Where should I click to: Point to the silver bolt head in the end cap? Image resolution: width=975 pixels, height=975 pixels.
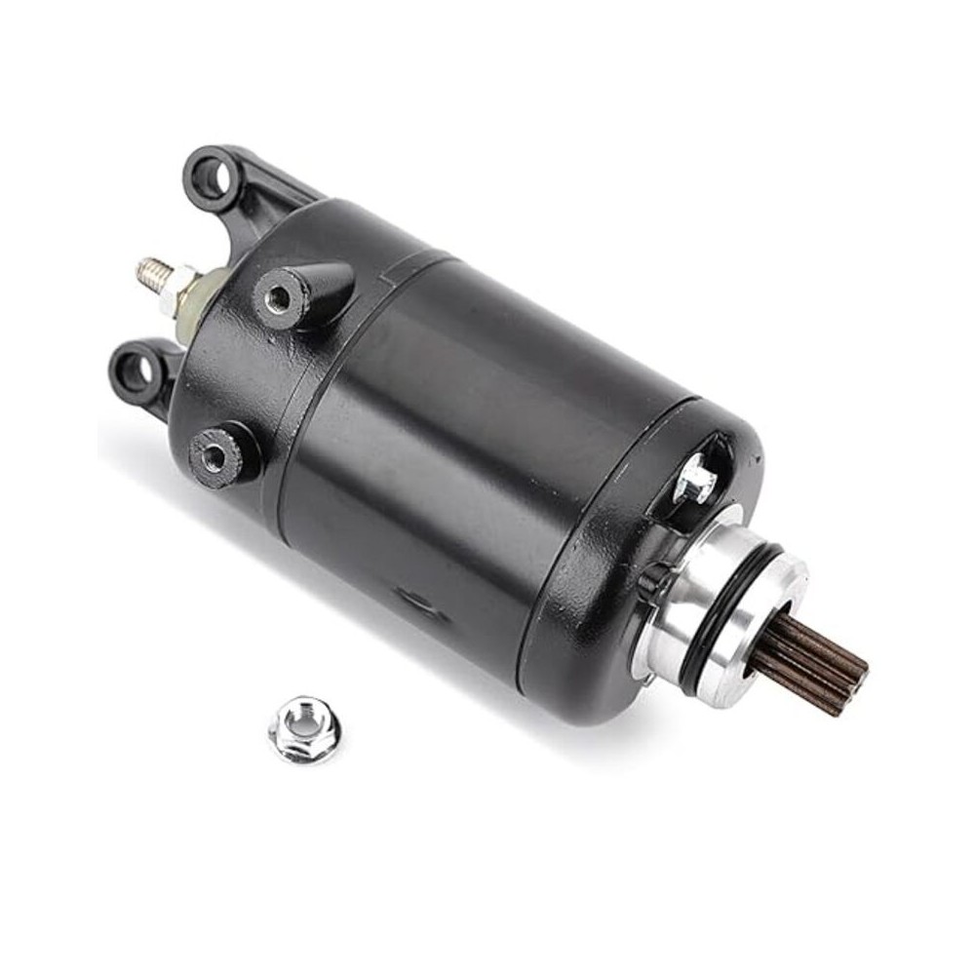click(696, 480)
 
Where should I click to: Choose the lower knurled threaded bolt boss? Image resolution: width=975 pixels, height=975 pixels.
click(216, 450)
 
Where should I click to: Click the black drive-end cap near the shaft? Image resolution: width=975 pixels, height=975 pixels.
click(624, 585)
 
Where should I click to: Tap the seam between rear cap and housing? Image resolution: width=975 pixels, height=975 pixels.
click(322, 390)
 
